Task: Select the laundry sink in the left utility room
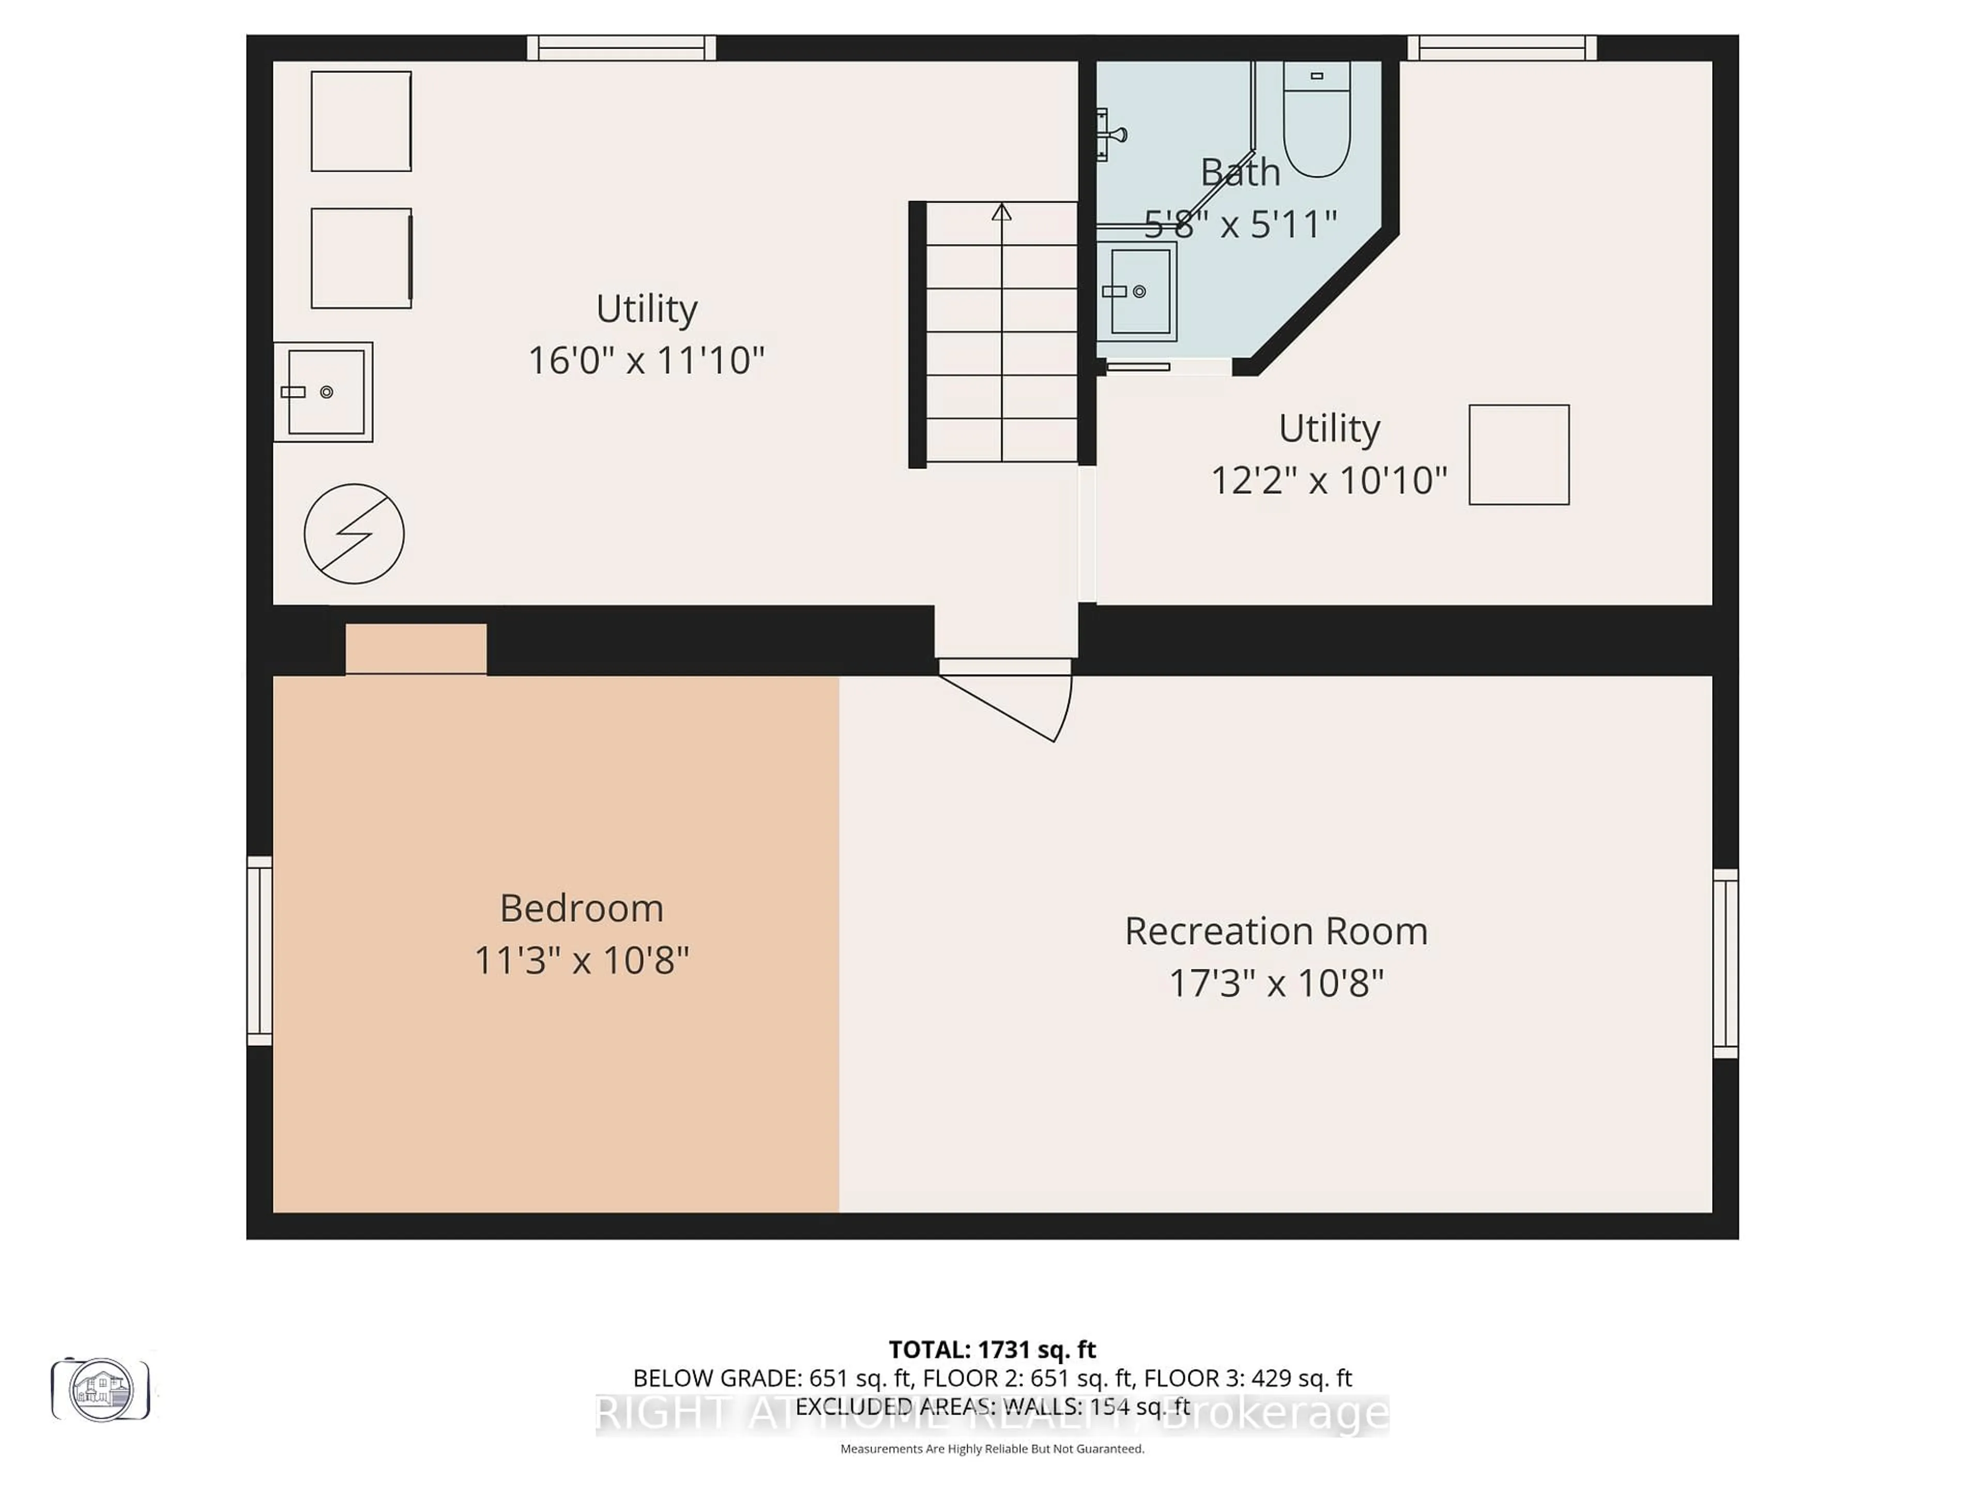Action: pyautogui.click(x=325, y=392)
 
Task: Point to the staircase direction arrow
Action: pyautogui.click(x=1001, y=212)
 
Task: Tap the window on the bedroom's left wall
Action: pyautogui.click(x=259, y=950)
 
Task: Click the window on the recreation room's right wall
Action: pyautogui.click(x=1725, y=963)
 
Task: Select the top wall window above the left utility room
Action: pyautogui.click(x=621, y=48)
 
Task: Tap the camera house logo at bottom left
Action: pyautogui.click(x=100, y=1389)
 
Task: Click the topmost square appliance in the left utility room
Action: pyautogui.click(x=361, y=121)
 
